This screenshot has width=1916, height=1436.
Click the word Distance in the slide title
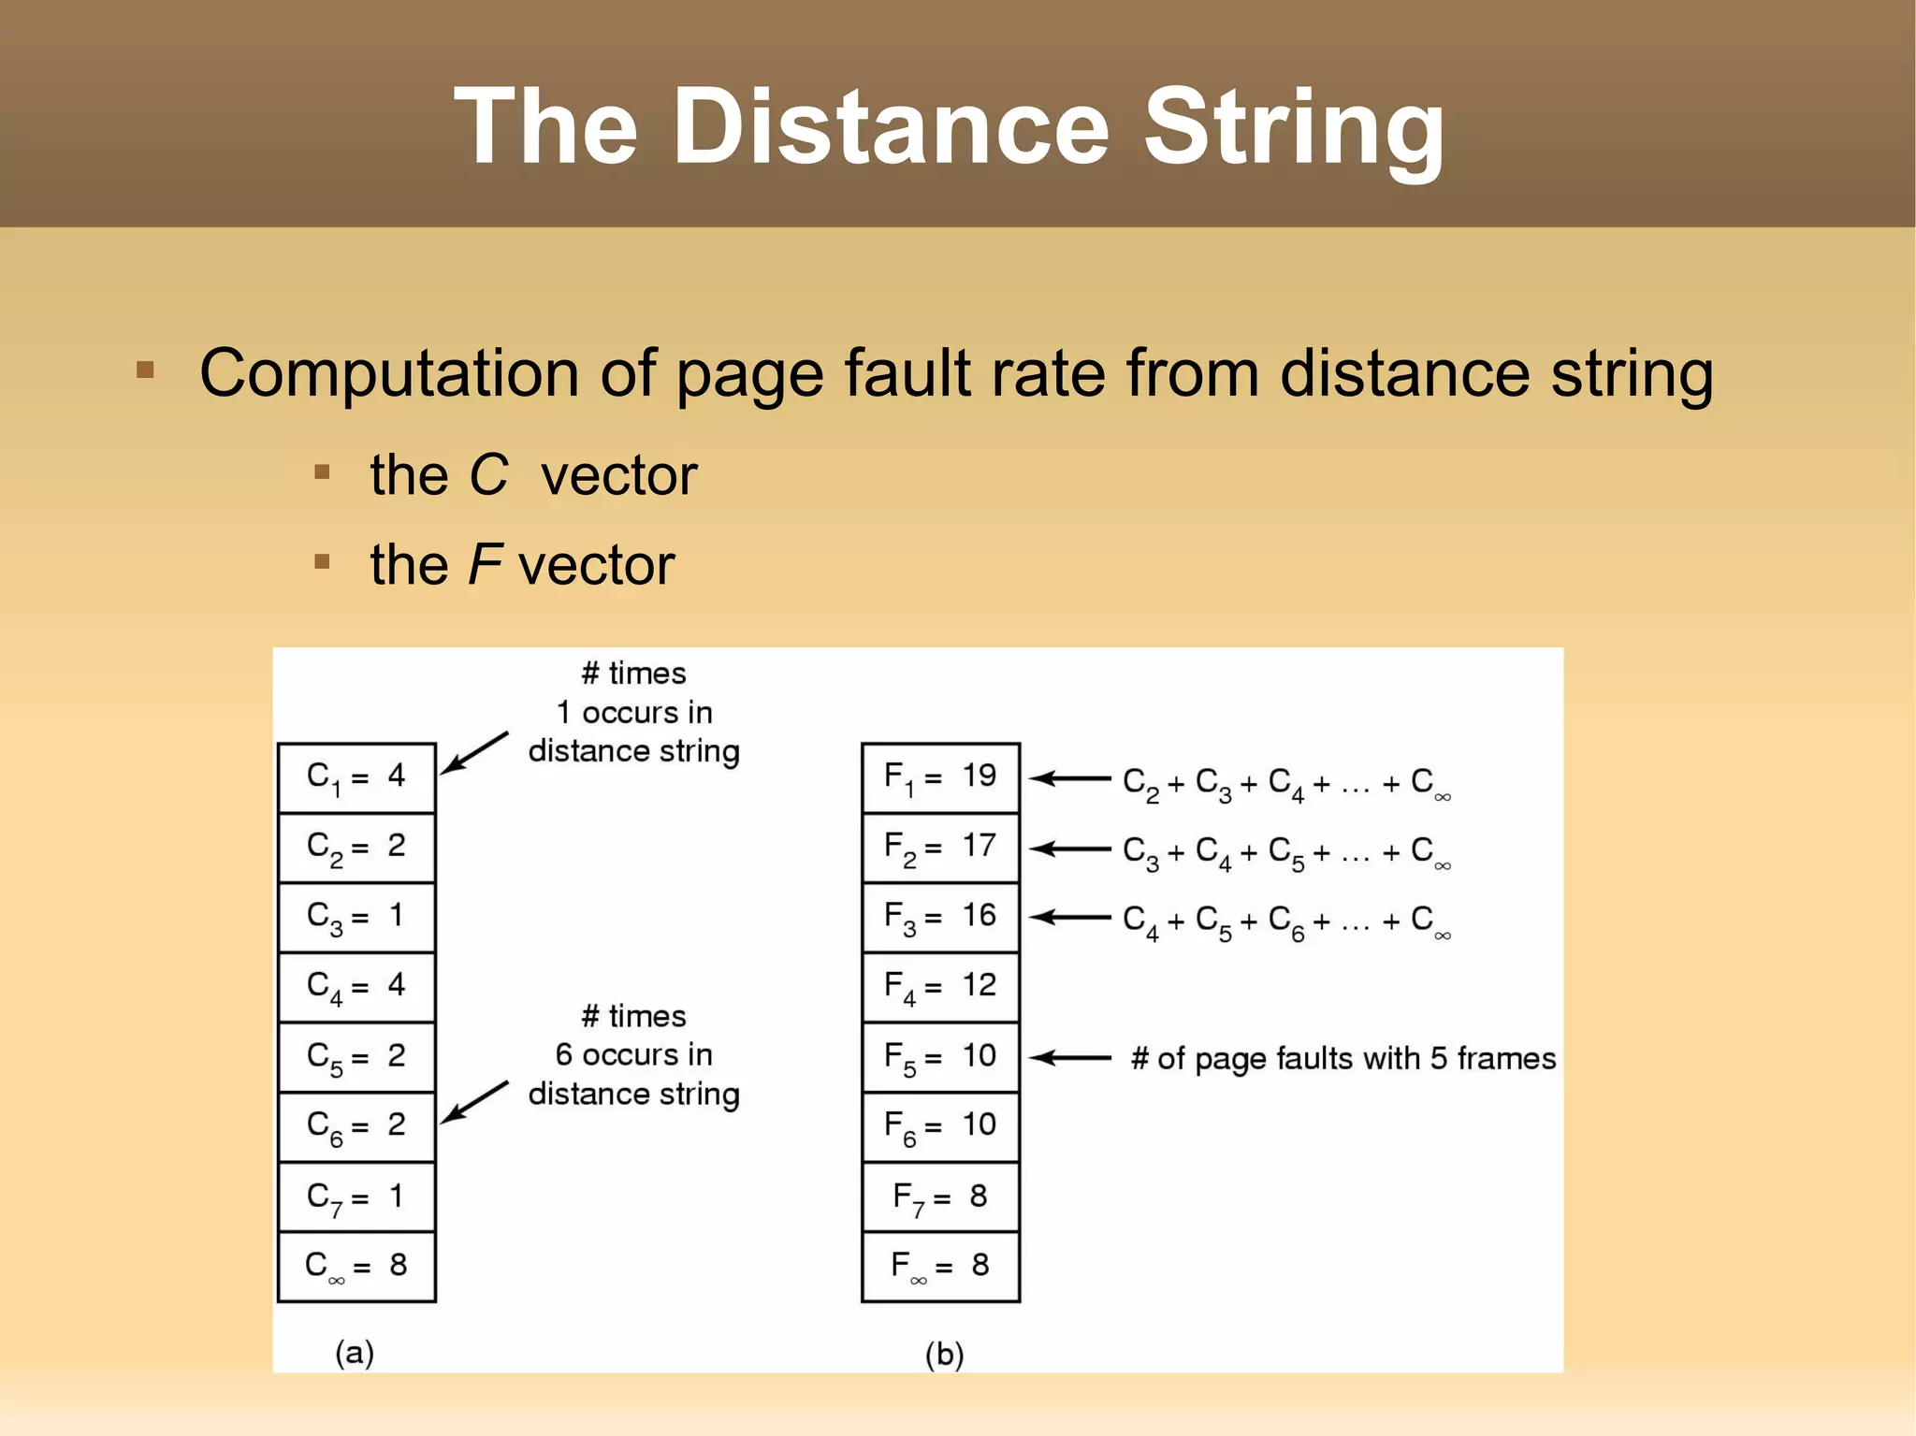coord(890,126)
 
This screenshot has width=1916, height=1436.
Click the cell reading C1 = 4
coord(356,777)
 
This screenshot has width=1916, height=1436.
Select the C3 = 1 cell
coord(356,917)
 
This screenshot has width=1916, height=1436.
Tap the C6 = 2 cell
coord(356,1126)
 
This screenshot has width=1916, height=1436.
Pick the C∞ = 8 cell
coord(356,1267)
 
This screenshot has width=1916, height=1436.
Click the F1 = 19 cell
coord(940,777)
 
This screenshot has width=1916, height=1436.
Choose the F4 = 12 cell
coord(940,987)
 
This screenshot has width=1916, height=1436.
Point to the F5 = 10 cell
coord(940,1057)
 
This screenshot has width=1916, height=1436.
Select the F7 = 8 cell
coord(940,1197)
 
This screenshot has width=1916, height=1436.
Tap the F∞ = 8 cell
coord(940,1267)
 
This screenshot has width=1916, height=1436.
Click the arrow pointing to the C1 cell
coord(473,752)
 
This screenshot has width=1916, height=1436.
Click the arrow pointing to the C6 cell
coord(473,1102)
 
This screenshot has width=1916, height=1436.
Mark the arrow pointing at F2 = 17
coord(1069,849)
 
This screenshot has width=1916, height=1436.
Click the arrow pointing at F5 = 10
coord(1069,1058)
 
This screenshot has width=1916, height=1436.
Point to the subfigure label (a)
coord(355,1353)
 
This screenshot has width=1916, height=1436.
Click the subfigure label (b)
coord(944,1354)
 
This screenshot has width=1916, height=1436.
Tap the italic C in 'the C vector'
coord(487,475)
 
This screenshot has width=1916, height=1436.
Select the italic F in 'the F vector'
coord(484,564)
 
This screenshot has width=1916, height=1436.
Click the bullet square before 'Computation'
coord(145,370)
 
